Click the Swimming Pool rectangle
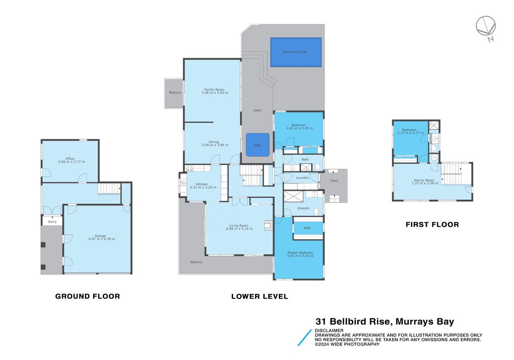(296, 52)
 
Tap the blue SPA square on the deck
(258, 145)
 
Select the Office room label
(70, 158)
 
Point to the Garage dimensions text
(102, 239)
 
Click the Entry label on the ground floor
(52, 222)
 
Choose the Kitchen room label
(201, 184)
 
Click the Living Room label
(239, 225)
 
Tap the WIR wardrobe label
(307, 228)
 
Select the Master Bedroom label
(300, 253)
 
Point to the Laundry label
(302, 178)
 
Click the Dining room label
(214, 142)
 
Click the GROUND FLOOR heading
(88, 297)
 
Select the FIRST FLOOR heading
(432, 225)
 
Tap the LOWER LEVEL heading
(259, 297)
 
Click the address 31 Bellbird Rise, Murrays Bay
(385, 321)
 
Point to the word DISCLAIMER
(329, 330)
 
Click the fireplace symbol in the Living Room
(268, 225)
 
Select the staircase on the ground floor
(109, 189)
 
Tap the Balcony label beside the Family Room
(175, 93)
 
